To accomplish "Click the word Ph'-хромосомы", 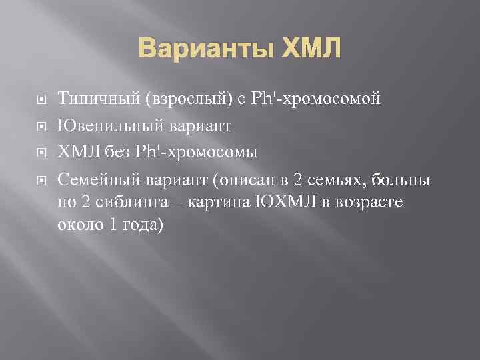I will click(x=201, y=152).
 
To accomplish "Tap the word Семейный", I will click(x=97, y=180).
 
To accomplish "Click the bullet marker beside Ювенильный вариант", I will click(x=41, y=125).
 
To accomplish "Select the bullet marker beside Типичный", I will click(x=41, y=101).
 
